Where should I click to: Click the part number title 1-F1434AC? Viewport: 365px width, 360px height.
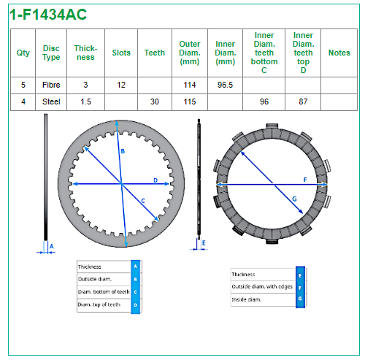tap(48, 15)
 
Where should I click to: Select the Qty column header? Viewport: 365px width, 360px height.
tap(23, 53)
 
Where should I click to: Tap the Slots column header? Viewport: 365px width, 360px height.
tap(121, 53)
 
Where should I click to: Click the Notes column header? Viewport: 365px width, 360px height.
tap(339, 53)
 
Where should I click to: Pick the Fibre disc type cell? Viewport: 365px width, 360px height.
tap(51, 85)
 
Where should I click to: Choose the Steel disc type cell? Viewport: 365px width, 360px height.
tap(51, 102)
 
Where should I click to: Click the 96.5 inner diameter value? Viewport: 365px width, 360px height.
tap(225, 85)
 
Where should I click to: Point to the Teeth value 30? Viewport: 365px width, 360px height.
tap(155, 102)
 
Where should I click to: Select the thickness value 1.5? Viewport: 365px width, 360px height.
tap(85, 102)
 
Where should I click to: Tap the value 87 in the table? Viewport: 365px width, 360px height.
tap(303, 102)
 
